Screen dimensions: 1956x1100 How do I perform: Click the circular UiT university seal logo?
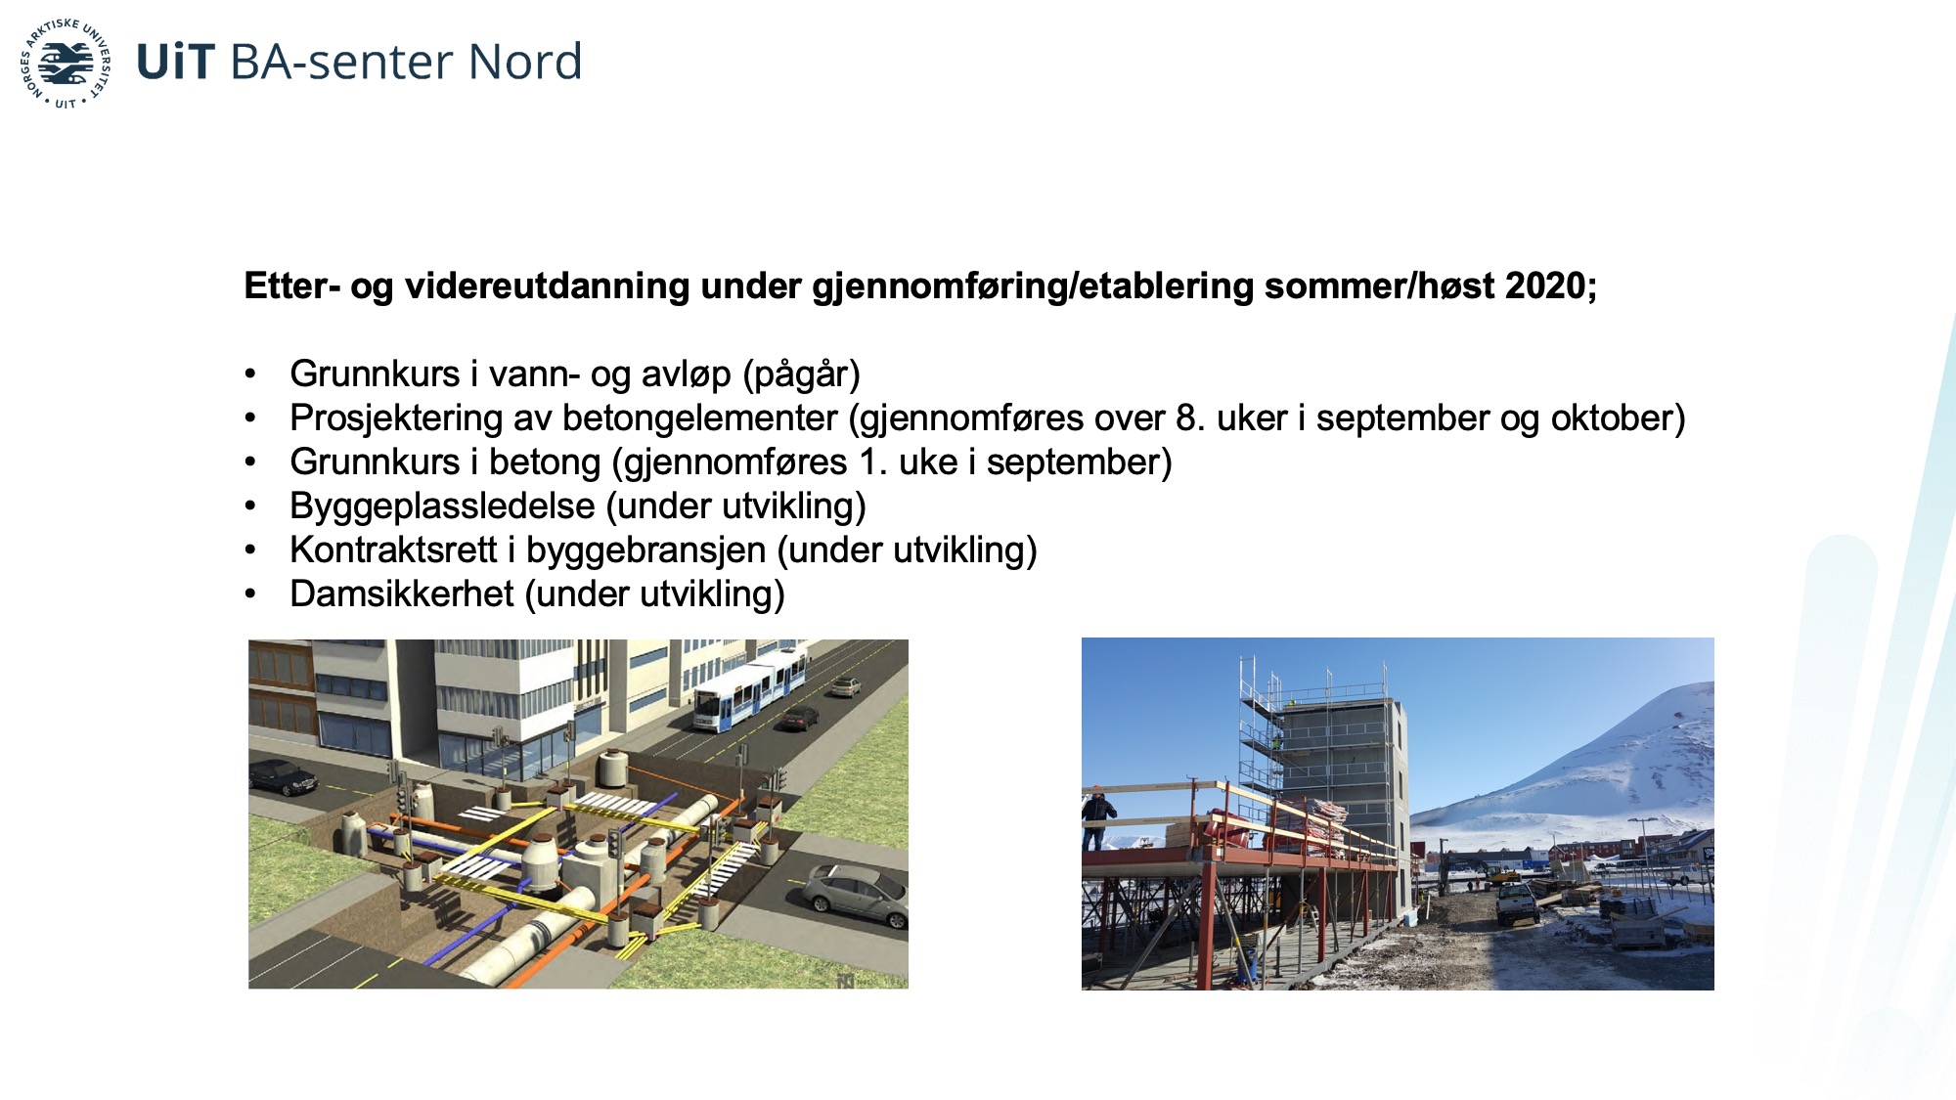(66, 64)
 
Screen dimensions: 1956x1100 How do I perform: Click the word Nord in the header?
(525, 62)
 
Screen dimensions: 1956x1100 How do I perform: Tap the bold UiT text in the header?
(175, 62)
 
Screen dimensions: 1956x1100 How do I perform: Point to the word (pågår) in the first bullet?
(801, 374)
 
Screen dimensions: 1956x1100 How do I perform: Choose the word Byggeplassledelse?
(442, 506)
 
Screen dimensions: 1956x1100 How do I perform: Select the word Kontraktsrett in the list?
(393, 550)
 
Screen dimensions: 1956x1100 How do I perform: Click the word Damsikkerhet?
(402, 594)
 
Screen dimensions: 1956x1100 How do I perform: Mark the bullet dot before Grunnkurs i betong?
(251, 462)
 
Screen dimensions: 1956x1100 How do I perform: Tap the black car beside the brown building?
(283, 777)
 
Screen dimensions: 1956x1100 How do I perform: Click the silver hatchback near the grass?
(854, 896)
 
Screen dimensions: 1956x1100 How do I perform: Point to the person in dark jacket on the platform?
(1098, 817)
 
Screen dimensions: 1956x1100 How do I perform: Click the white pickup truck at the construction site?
(1516, 902)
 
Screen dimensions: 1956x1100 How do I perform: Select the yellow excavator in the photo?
(1500, 872)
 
